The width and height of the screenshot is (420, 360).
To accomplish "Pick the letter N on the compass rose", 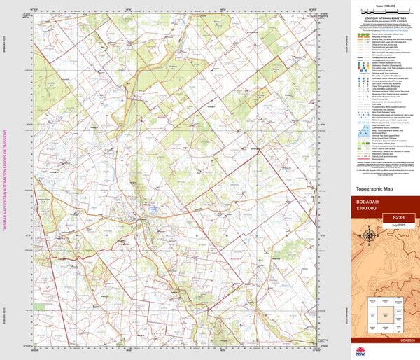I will (x=369, y=228).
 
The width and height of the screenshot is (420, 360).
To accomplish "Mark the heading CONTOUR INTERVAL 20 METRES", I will (x=381, y=21).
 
